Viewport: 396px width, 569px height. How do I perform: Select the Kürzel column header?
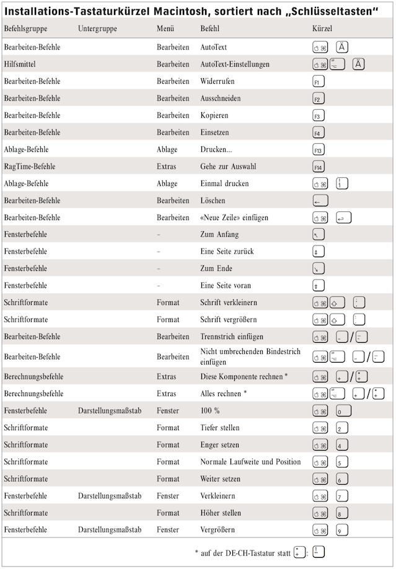322,29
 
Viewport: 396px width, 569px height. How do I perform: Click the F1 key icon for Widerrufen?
319,82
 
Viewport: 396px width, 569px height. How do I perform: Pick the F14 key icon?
319,167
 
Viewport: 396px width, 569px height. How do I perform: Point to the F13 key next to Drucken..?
319,150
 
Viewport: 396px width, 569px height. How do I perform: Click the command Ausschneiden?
221,99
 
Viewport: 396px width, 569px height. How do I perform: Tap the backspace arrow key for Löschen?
320,201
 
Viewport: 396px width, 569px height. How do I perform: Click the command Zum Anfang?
219,235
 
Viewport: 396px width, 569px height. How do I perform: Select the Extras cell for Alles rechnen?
166,394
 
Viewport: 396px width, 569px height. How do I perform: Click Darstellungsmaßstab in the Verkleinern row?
110,496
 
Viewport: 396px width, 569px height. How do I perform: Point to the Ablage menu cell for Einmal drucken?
167,183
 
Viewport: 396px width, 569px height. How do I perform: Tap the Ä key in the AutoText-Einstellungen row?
358,64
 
